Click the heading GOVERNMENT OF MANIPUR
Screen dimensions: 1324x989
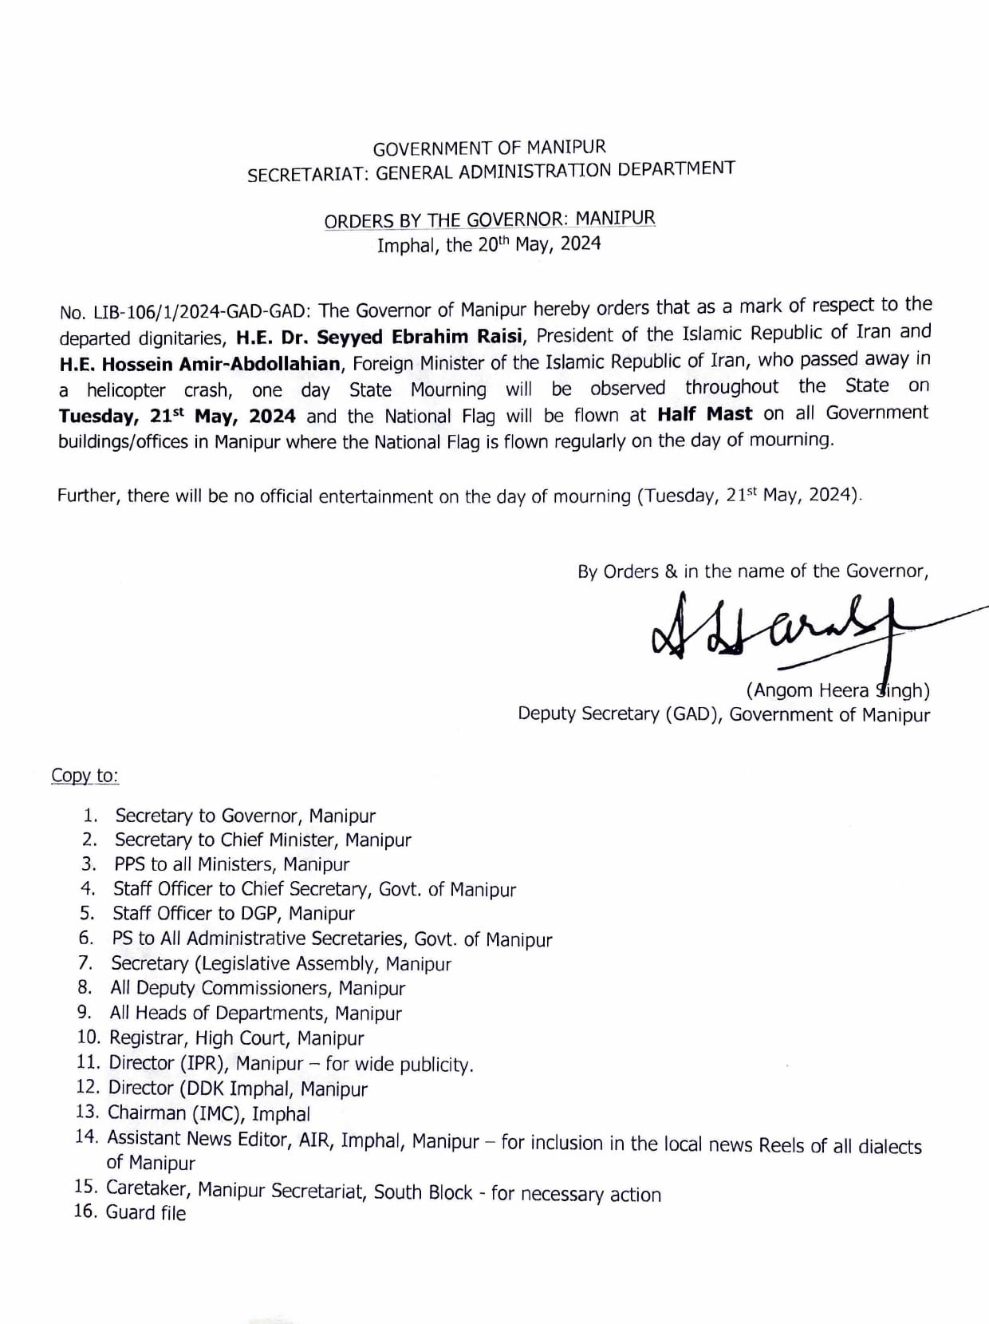coord(489,148)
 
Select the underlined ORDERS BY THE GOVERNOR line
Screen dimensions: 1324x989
coord(489,219)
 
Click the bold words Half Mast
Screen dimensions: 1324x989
coord(704,413)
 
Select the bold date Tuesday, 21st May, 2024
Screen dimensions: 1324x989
coord(177,417)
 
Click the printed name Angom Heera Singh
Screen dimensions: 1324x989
coord(837,690)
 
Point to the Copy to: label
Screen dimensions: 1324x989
coord(85,776)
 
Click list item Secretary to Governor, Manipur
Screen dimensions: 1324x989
coord(245,816)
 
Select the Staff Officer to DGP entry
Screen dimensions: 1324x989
coord(233,913)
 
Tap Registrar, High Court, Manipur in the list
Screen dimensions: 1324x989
coord(236,1038)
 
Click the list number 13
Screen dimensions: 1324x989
coord(86,1112)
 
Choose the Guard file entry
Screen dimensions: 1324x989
coord(145,1213)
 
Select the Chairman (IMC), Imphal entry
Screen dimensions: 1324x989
coord(209,1113)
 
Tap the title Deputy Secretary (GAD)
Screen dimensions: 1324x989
coord(620,713)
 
